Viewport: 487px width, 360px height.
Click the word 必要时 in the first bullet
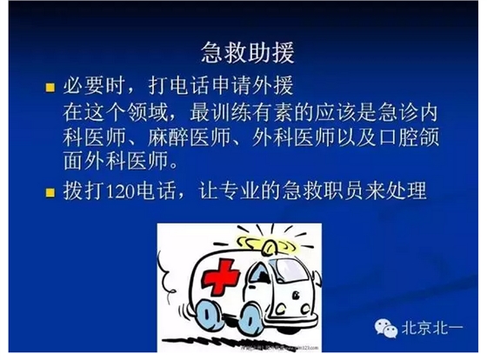coord(92,87)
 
